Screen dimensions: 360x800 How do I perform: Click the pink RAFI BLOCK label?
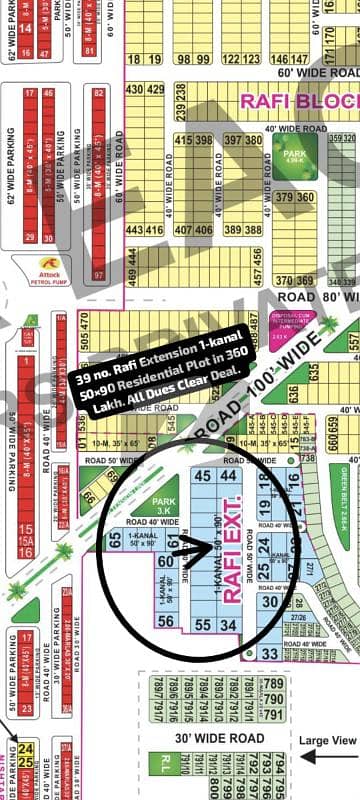coord(298,101)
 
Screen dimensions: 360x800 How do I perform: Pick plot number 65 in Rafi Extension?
coord(116,540)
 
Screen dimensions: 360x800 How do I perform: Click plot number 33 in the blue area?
coord(267,624)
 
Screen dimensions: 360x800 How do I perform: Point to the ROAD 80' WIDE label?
coord(315,297)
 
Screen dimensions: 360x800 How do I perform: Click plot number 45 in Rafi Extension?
coord(202,476)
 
